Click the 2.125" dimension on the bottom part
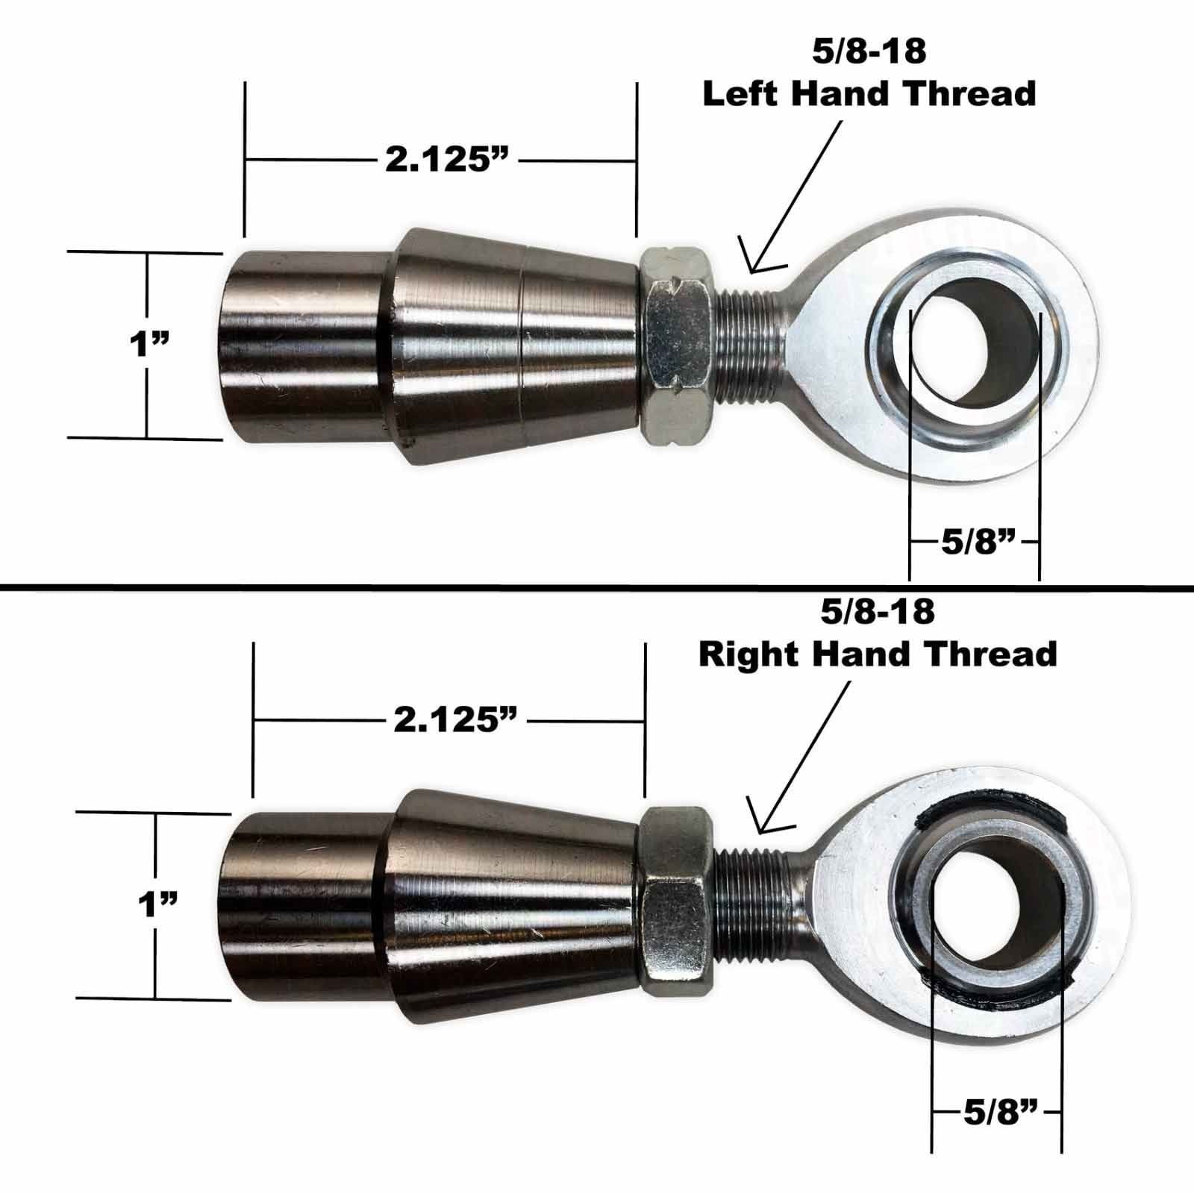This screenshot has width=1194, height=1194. pos(455,721)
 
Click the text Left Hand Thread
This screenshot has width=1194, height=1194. pos(869,94)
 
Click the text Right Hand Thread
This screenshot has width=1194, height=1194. pos(878,654)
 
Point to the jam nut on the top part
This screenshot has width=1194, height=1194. pos(678,347)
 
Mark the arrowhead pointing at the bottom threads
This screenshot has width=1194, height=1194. pos(765,824)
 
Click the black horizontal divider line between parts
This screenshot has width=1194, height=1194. pos(597,587)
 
